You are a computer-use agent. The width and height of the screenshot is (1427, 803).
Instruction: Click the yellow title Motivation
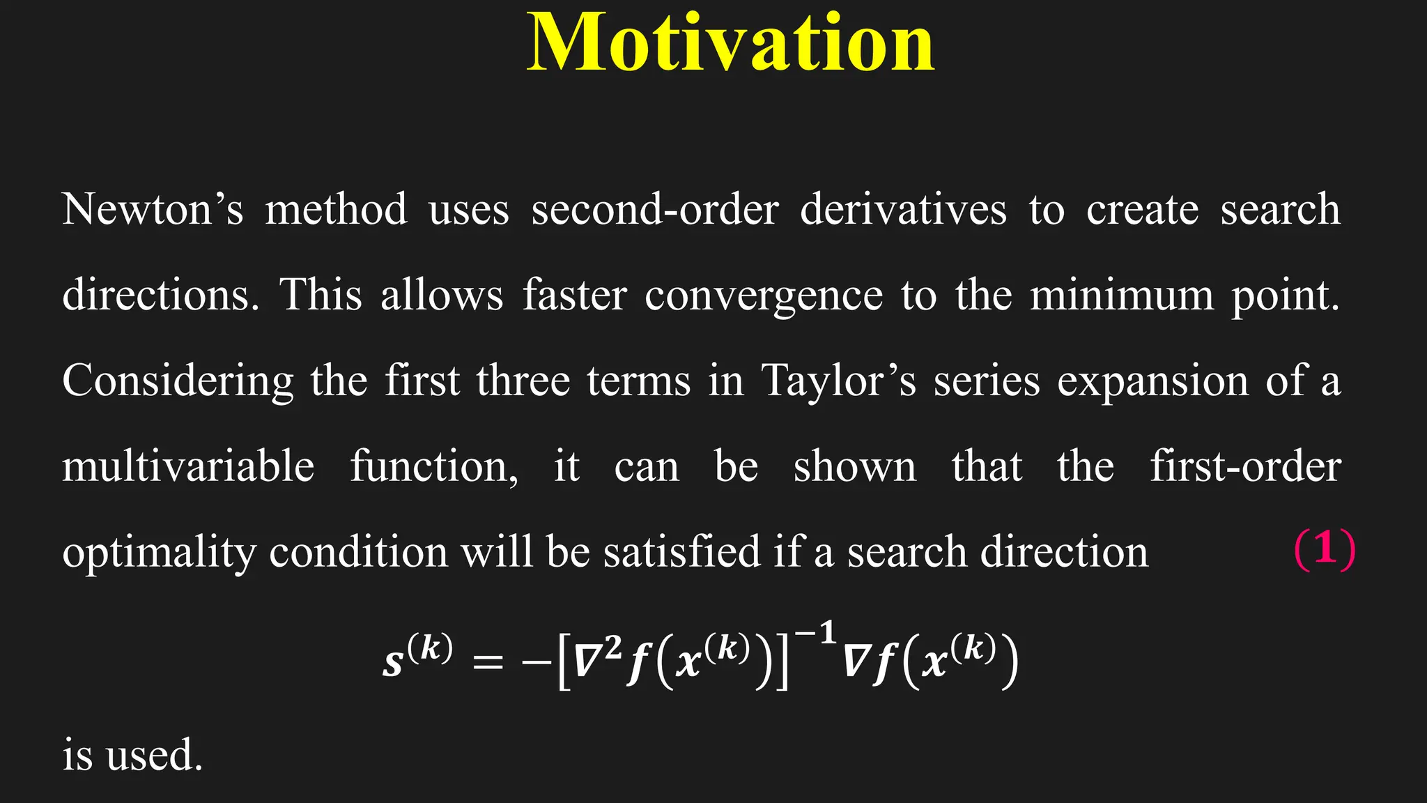tap(730, 43)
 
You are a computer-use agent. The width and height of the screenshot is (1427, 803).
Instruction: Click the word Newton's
tap(153, 209)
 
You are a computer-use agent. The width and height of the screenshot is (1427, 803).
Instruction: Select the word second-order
tap(654, 209)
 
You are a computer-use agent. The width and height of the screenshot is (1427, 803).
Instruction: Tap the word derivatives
tap(903, 209)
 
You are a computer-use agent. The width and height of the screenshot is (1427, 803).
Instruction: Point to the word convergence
tap(763, 296)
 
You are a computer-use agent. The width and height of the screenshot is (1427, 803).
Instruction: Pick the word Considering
tap(178, 382)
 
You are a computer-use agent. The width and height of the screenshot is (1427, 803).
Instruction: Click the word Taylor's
tap(838, 381)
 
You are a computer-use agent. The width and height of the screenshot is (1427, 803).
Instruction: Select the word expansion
tap(1152, 382)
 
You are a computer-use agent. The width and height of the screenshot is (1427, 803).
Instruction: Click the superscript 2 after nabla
tap(612, 648)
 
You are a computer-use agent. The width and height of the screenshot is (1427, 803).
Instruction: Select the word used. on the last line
tap(154, 755)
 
